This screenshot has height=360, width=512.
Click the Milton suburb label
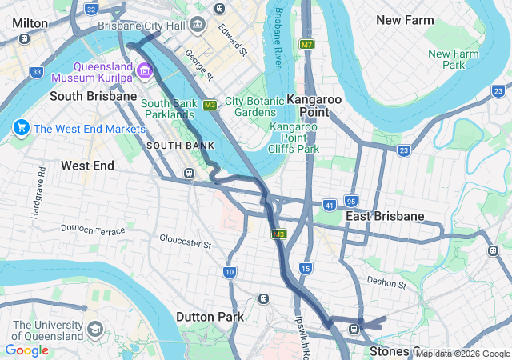click(x=30, y=23)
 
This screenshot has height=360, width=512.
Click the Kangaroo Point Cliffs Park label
click(x=294, y=138)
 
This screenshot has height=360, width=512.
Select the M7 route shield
click(x=307, y=45)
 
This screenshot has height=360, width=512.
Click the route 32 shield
click(x=90, y=10)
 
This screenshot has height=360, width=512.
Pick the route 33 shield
click(x=37, y=72)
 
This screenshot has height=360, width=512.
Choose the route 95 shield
click(x=351, y=200)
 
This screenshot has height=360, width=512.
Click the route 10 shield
click(x=230, y=273)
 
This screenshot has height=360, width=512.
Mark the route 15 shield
click(x=305, y=267)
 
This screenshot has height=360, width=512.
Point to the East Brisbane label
click(x=385, y=217)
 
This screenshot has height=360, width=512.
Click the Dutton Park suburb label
click(x=210, y=317)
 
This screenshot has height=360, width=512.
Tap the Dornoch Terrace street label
click(x=93, y=230)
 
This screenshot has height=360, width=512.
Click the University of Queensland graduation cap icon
click(x=95, y=329)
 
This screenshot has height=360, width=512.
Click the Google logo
click(x=26, y=350)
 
